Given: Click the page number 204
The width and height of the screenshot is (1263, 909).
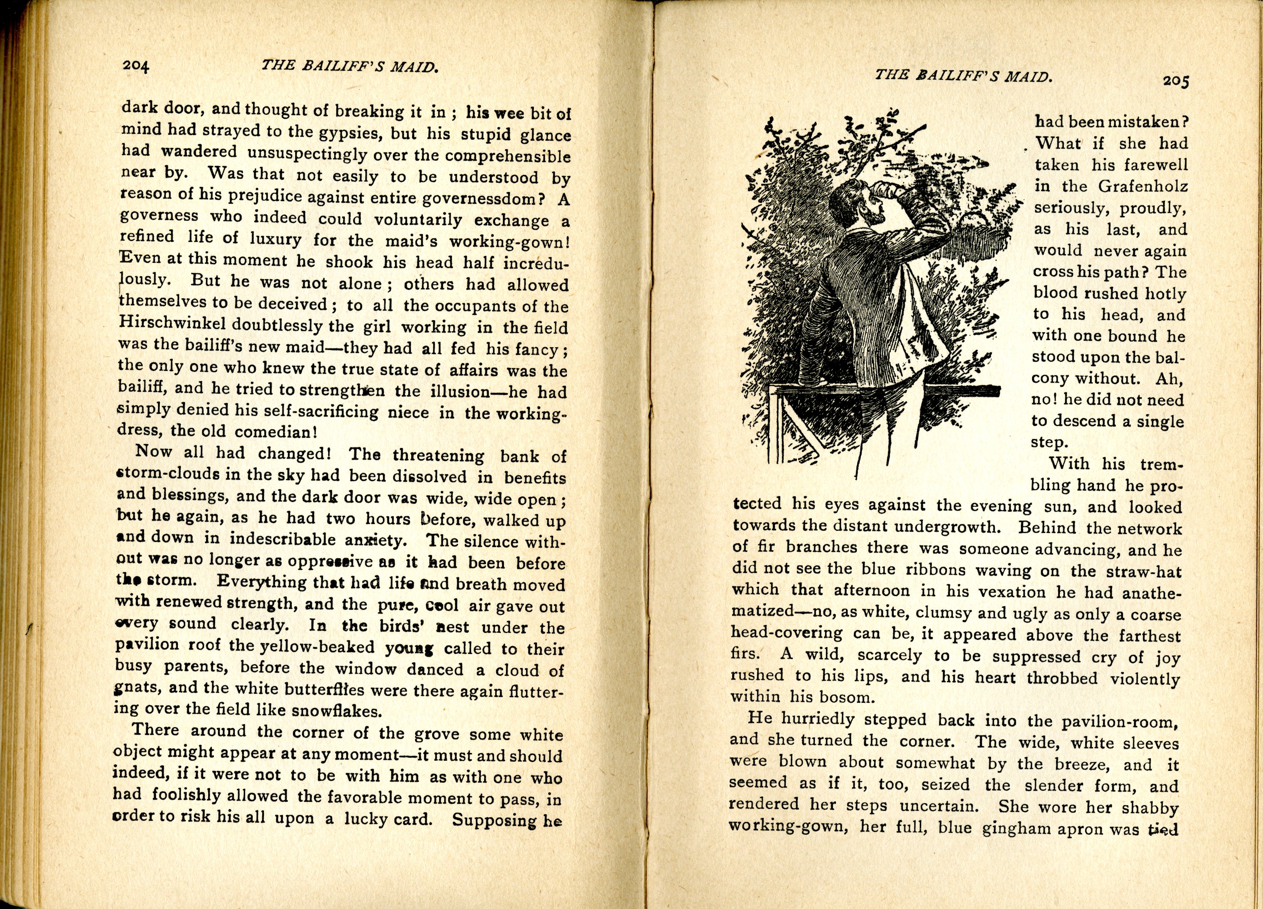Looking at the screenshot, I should (136, 66).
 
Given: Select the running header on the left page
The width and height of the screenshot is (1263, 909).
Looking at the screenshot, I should (350, 66).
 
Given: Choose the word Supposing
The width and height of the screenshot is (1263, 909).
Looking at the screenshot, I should (494, 820).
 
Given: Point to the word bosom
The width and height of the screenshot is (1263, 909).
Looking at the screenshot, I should (838, 697).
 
